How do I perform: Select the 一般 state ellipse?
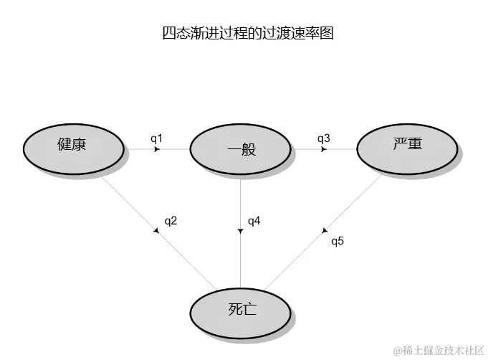(239, 150)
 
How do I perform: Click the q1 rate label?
(157, 138)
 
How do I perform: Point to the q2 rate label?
(171, 220)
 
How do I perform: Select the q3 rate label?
(323, 138)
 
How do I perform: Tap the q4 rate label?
(254, 220)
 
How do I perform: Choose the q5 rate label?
(338, 240)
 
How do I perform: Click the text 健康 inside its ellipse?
(72, 144)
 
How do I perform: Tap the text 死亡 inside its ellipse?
(237, 310)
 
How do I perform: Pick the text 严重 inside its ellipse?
(407, 143)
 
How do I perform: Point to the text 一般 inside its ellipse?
(241, 150)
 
